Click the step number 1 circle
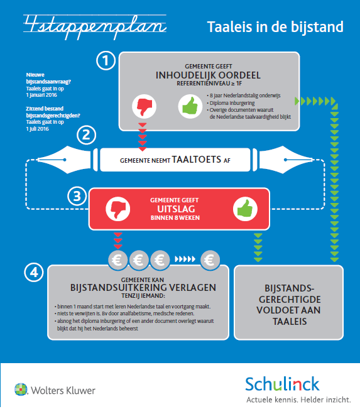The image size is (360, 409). (x=106, y=60)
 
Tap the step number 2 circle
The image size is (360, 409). (x=86, y=135)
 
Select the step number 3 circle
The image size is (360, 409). (x=77, y=196)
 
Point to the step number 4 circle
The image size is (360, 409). (x=34, y=272)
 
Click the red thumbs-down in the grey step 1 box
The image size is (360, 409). (x=145, y=106)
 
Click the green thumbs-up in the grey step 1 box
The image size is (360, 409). (x=190, y=106)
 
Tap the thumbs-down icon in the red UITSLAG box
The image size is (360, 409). (x=118, y=209)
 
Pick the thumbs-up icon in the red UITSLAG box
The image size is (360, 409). (x=245, y=209)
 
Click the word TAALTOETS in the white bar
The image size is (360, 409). (x=197, y=160)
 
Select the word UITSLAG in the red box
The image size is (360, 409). (x=176, y=209)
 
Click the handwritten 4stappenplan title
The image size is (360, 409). (x=95, y=27)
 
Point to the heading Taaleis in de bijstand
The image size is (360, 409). (x=275, y=27)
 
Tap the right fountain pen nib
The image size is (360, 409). (x=286, y=160)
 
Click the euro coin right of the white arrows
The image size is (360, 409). (x=210, y=260)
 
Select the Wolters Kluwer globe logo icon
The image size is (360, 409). (x=21, y=390)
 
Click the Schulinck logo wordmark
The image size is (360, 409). (x=283, y=384)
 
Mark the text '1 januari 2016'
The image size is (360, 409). (x=41, y=95)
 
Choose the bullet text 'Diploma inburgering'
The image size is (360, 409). (x=232, y=103)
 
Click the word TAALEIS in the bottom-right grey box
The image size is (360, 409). (x=290, y=322)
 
